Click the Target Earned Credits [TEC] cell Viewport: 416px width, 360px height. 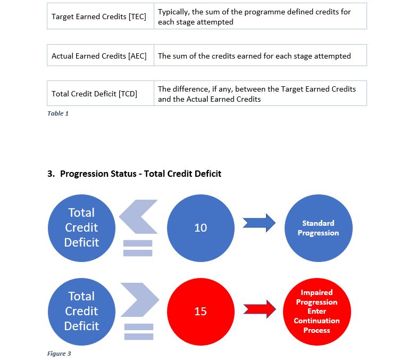pos(99,17)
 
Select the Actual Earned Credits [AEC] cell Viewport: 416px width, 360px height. pos(99,56)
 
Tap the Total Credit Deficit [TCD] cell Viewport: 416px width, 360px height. pos(94,94)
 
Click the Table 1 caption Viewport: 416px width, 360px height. pos(58,113)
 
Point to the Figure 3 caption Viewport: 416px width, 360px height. pos(59,354)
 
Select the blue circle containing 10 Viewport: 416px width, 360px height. pos(201,228)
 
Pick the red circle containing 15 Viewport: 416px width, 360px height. pos(201,311)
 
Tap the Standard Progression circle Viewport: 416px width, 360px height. pos(318,228)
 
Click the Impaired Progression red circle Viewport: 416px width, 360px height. pos(317,312)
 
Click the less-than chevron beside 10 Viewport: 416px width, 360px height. pos(137,217)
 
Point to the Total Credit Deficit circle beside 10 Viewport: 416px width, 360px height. pos(81,228)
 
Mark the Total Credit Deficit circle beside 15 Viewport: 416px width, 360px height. pos(81,311)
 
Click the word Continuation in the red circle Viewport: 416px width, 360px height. pos(317,321)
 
